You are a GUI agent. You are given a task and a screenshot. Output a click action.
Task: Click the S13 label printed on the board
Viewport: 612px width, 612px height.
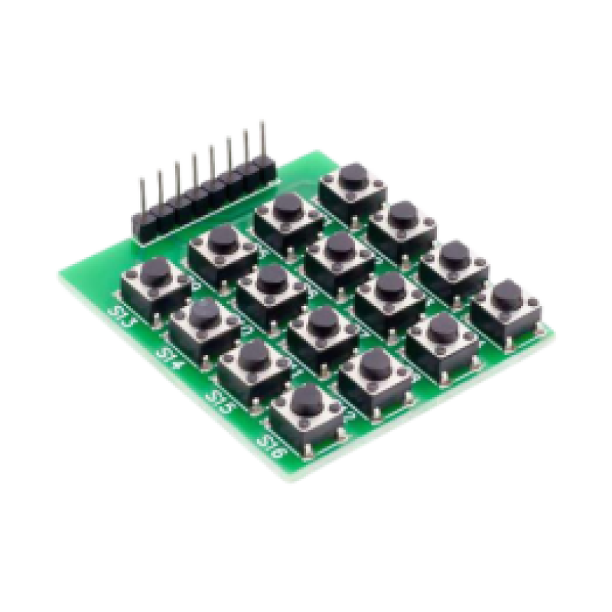(123, 316)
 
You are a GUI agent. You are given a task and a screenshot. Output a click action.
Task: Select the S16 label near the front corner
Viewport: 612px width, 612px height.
(272, 443)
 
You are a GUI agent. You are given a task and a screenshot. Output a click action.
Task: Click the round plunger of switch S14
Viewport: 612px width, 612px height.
(203, 313)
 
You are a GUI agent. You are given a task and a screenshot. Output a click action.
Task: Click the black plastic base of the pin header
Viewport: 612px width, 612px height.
(203, 206)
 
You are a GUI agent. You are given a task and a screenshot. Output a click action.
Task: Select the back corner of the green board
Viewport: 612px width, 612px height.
(330, 148)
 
